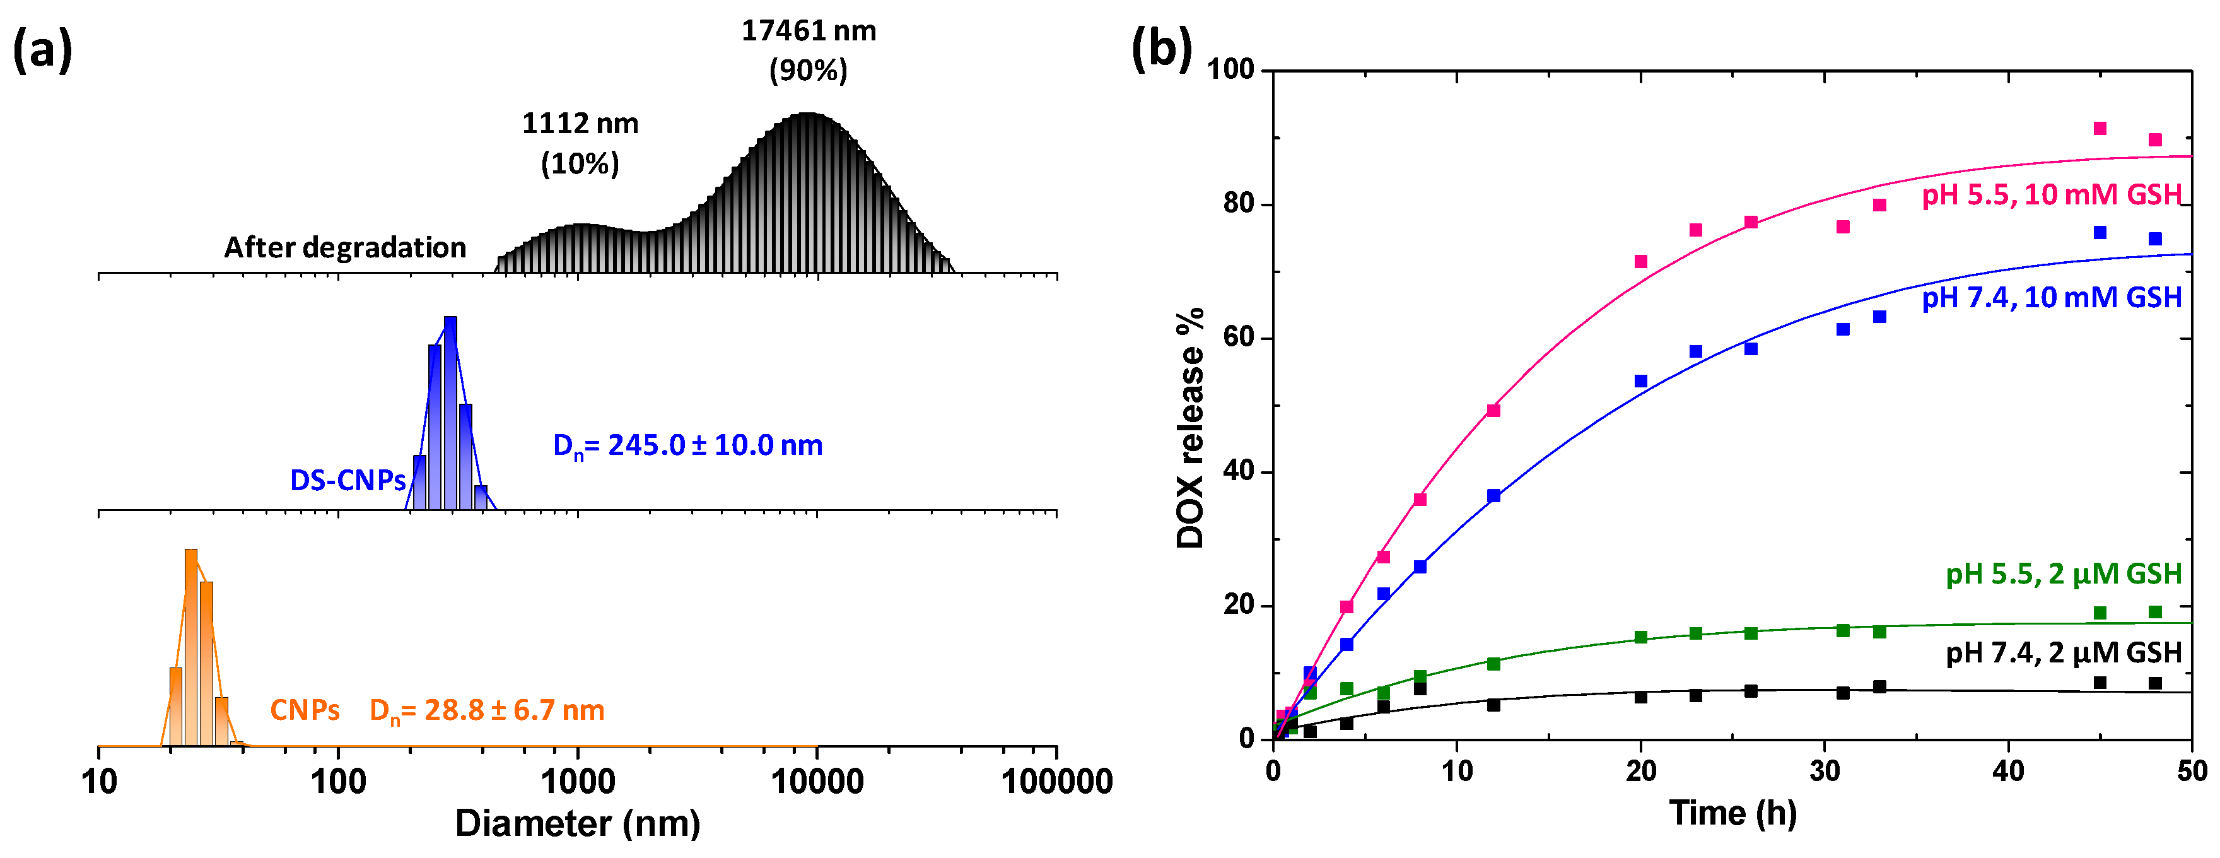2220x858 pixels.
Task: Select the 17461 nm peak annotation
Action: coord(809,50)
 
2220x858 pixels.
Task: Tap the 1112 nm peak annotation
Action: coord(580,143)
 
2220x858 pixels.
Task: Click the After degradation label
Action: coord(345,247)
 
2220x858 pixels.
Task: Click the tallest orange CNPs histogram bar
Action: coord(191,647)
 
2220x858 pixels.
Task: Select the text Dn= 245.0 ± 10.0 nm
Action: coord(687,446)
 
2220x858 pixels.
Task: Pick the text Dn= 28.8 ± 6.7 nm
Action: coord(487,710)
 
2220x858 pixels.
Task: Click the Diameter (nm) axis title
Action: coord(578,823)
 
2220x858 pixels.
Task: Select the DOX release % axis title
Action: coord(1190,428)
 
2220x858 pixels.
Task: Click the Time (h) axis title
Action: coord(1732,813)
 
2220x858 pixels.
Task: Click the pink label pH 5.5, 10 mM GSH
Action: coord(2051,195)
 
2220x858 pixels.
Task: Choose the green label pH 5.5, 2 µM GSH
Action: coord(2063,574)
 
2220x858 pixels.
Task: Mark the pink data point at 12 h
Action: coord(1493,411)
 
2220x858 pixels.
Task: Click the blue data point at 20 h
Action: coord(1641,381)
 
